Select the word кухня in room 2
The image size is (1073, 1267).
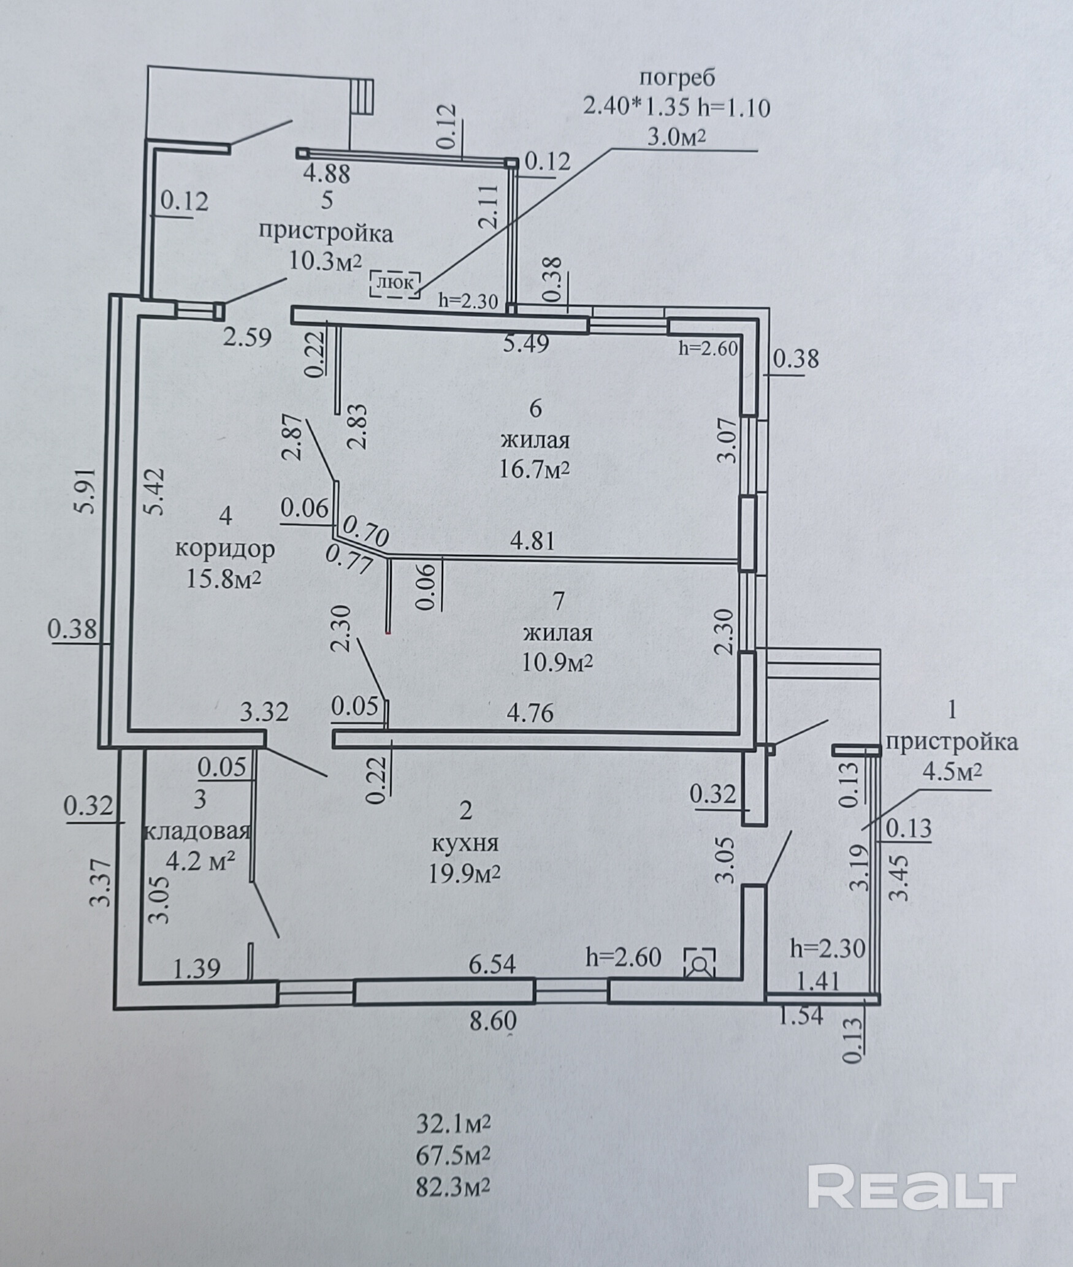(x=465, y=843)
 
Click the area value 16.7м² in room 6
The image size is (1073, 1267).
(x=535, y=470)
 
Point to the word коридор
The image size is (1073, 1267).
(x=225, y=549)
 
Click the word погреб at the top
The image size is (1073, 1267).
(x=677, y=79)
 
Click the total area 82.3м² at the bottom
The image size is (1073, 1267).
(x=453, y=1187)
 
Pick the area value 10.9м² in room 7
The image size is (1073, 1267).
(x=557, y=662)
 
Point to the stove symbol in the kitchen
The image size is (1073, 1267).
(x=699, y=961)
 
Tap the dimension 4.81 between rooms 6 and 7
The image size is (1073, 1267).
(x=533, y=541)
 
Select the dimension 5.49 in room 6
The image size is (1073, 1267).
(x=525, y=344)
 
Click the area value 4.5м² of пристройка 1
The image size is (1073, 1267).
(x=952, y=772)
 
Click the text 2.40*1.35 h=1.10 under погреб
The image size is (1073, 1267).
(x=676, y=108)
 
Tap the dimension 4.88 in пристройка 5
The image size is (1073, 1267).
(x=327, y=173)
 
